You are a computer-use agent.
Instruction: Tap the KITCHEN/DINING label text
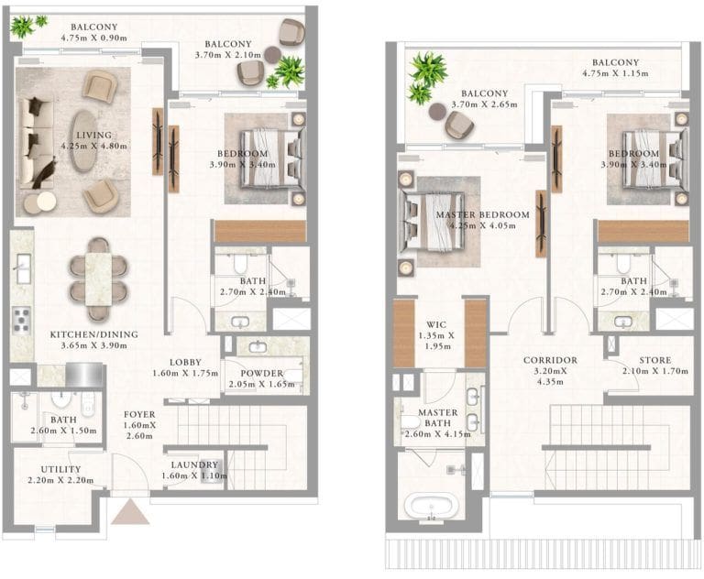95,334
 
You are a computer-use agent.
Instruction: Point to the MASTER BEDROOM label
482,215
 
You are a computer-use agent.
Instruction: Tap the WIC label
435,323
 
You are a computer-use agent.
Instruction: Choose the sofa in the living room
36,144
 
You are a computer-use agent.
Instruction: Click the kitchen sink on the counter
21,268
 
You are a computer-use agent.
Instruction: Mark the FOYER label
139,415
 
